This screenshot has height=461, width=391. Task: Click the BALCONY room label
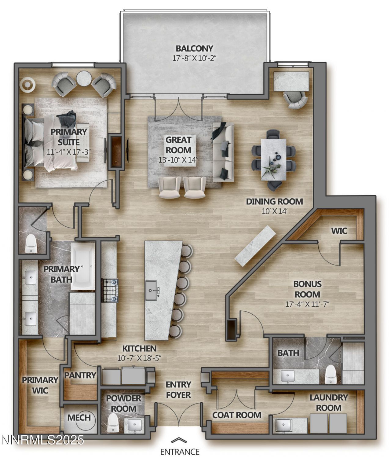click(x=194, y=48)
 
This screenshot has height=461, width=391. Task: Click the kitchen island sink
click(x=152, y=291)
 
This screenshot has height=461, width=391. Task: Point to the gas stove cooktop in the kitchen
click(x=110, y=291)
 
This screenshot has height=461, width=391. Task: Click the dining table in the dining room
click(x=274, y=159)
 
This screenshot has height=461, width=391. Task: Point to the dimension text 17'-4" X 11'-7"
click(x=307, y=304)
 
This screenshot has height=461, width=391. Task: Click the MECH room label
click(x=79, y=418)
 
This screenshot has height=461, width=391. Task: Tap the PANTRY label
click(x=80, y=375)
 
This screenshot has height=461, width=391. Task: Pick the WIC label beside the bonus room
click(x=339, y=231)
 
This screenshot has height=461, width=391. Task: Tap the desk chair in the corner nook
click(x=295, y=100)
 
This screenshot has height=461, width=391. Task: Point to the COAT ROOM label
click(x=237, y=415)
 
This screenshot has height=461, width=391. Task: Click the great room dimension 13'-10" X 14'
click(x=178, y=160)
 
